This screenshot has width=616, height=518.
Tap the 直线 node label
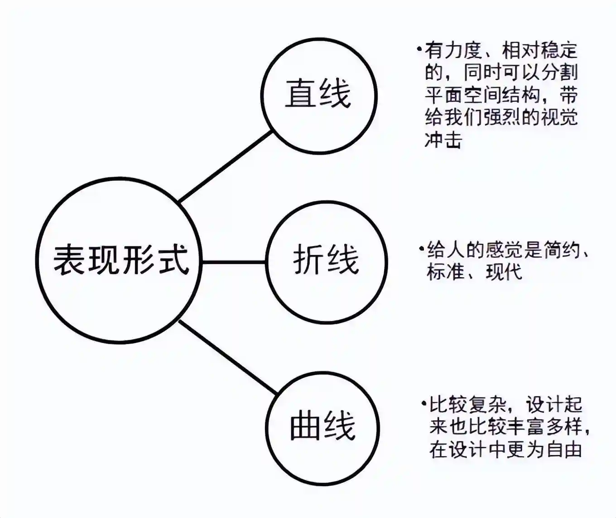pyautogui.click(x=318, y=93)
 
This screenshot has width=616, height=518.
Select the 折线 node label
pyautogui.click(x=326, y=259)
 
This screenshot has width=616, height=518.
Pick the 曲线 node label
pyautogui.click(x=323, y=425)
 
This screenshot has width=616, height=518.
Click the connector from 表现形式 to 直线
pyautogui.click(x=226, y=167)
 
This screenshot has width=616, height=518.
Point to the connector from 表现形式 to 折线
pyautogui.click(x=234, y=262)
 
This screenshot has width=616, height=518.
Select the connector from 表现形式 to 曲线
pyautogui.click(x=229, y=357)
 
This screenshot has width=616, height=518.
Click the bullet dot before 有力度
pyautogui.click(x=419, y=49)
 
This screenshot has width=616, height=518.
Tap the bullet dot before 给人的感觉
pyautogui.click(x=421, y=248)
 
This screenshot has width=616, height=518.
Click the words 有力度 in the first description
pyautogui.click(x=454, y=51)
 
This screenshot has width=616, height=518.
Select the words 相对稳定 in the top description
pyautogui.click(x=540, y=51)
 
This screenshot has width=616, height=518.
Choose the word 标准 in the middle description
pyautogui.click(x=445, y=272)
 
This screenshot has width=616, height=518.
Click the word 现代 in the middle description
pyautogui.click(x=504, y=272)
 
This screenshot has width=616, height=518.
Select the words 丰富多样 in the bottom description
pyautogui.click(x=544, y=427)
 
